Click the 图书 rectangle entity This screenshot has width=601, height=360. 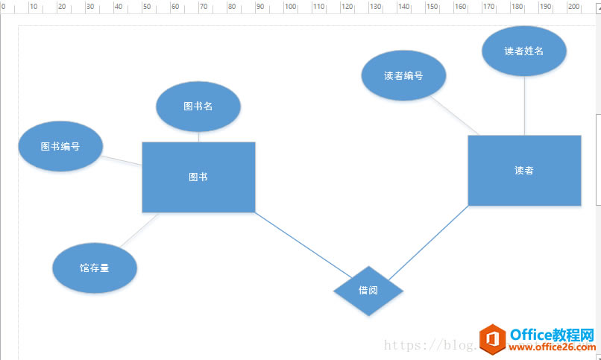[198, 177]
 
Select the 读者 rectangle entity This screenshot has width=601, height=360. [524, 170]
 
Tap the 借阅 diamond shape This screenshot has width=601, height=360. [368, 290]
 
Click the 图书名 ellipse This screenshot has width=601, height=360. [198, 106]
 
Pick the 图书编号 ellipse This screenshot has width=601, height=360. [60, 146]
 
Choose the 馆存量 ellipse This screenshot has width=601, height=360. [95, 268]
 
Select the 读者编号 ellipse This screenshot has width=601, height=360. [403, 75]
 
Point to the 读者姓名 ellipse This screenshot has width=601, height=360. [524, 51]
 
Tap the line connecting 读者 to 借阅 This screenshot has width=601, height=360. [429, 241]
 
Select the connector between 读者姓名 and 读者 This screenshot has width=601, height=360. [524, 105]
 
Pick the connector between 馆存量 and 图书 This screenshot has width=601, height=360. [140, 230]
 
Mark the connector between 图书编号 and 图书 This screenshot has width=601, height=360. [122, 160]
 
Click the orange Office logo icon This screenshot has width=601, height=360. [491, 339]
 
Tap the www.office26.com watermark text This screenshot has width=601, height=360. [551, 347]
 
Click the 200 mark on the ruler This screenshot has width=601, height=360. [573, 7]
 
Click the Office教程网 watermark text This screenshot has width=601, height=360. [551, 333]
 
